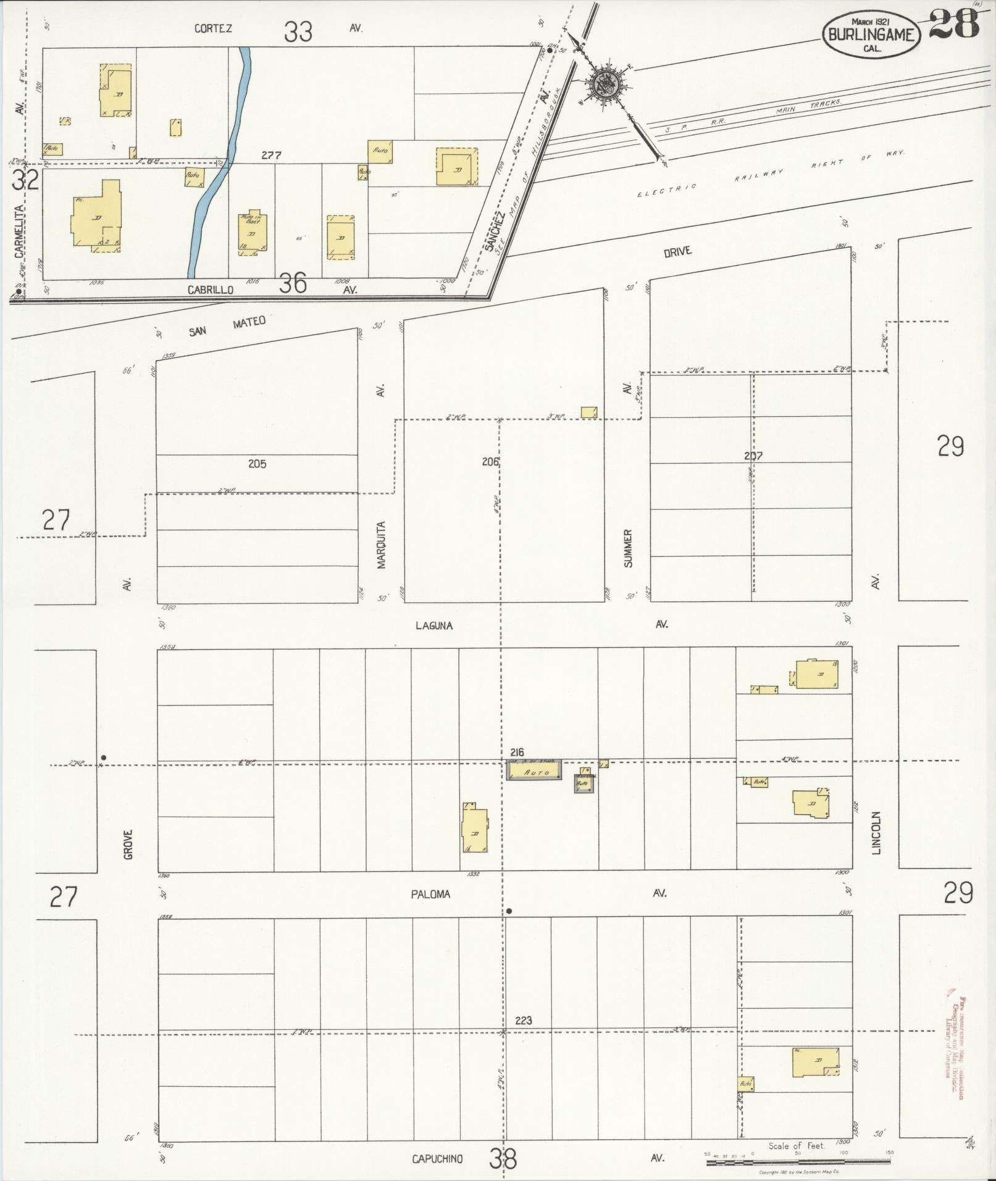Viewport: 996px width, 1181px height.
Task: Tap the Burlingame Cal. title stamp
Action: (x=871, y=35)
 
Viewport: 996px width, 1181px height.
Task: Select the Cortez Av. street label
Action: (x=214, y=28)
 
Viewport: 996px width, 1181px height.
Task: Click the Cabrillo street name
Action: (x=211, y=289)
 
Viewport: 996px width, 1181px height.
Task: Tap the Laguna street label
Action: (x=433, y=625)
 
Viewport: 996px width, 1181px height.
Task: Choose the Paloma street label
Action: (x=430, y=894)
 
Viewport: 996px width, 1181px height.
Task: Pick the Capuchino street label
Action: (x=437, y=1159)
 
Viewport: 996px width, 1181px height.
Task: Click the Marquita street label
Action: (x=381, y=545)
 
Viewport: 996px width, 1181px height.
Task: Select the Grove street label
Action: (x=128, y=844)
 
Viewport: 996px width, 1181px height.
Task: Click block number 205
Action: (x=257, y=464)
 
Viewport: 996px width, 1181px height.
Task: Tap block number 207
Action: (x=753, y=456)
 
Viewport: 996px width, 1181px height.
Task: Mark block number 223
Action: (x=522, y=1020)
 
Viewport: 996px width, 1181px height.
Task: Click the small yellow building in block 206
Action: (x=589, y=412)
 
